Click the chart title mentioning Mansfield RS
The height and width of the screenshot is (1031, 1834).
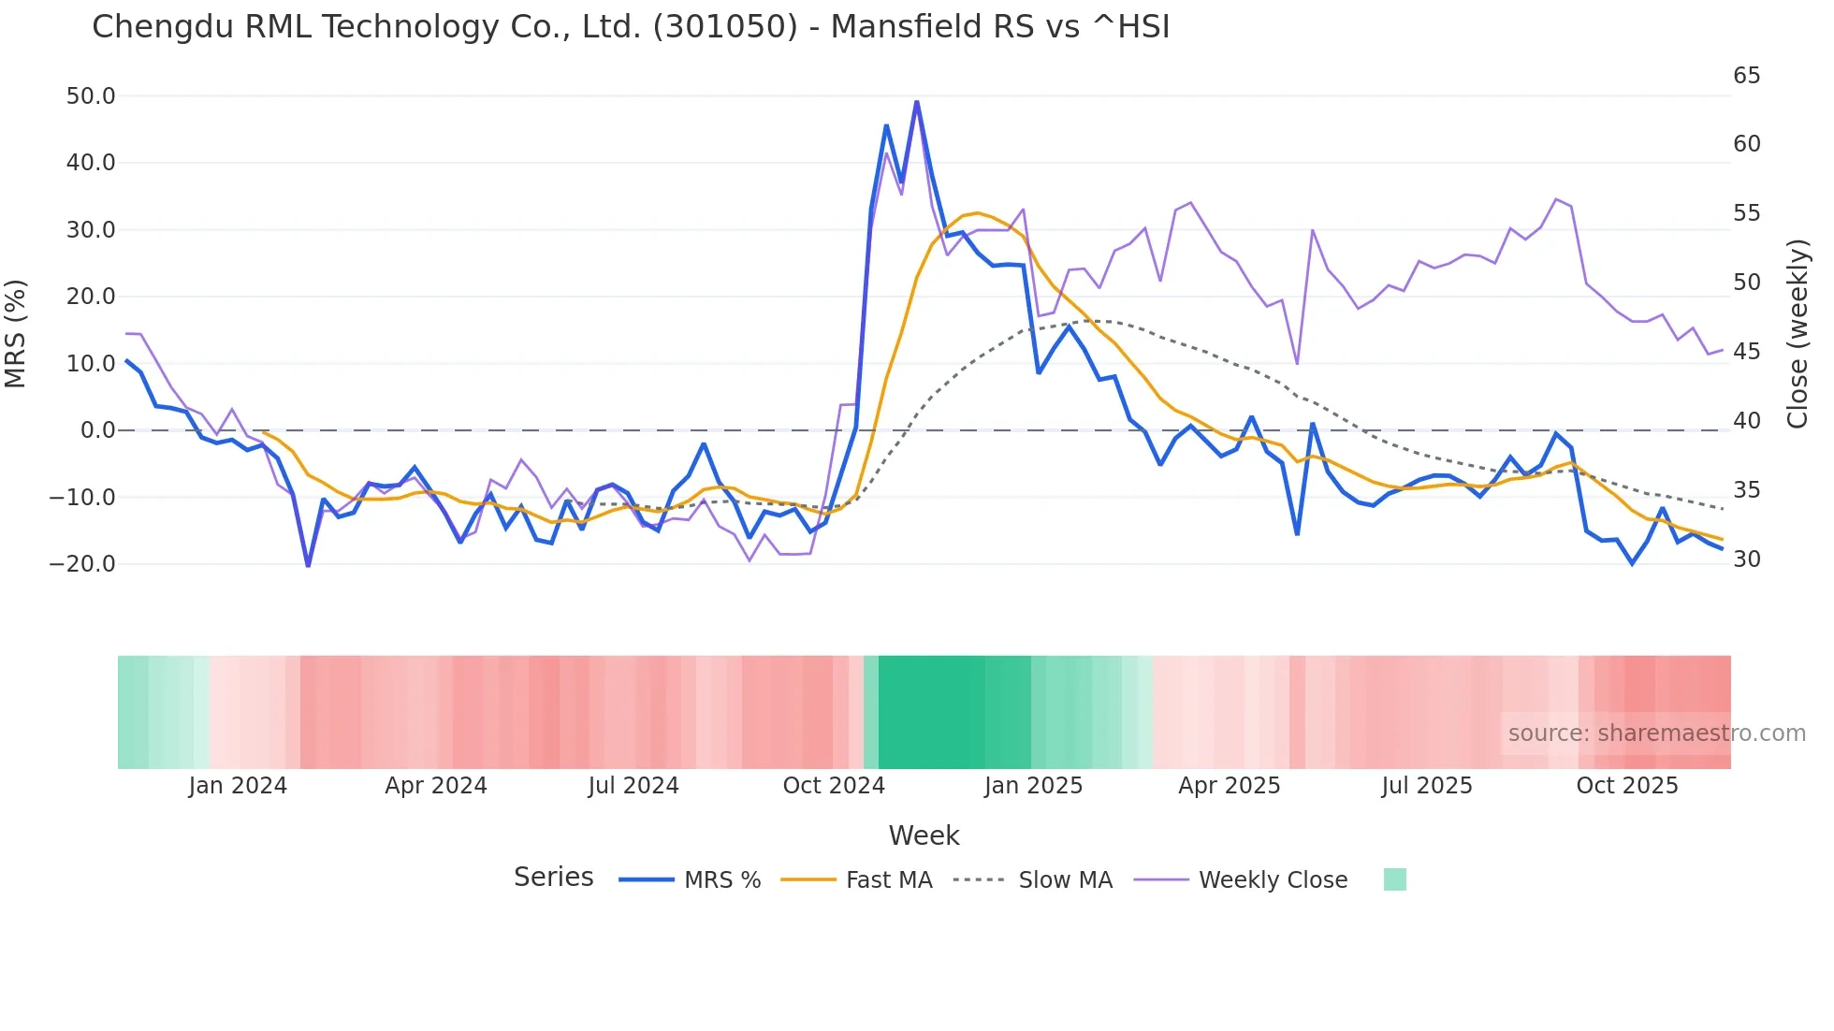click(631, 27)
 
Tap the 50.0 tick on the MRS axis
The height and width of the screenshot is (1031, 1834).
click(91, 96)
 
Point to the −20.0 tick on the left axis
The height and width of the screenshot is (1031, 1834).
click(82, 564)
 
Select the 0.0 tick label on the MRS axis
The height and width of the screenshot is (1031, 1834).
click(97, 430)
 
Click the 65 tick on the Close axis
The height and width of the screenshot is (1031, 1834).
click(1746, 76)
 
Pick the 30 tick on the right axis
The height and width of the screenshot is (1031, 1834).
click(1746, 559)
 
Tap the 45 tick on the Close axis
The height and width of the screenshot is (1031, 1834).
click(1746, 352)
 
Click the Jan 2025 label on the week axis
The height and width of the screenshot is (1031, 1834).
click(1033, 786)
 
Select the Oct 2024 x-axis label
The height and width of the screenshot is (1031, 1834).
click(834, 786)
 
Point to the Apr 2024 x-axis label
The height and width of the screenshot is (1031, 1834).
click(436, 786)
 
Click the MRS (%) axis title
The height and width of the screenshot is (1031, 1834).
click(16, 333)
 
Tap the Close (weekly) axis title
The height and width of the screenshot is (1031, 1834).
click(1798, 333)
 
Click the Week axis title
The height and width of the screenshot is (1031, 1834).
click(924, 835)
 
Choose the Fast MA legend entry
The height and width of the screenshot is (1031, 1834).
click(888, 880)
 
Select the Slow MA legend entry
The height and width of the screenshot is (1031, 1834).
click(1065, 880)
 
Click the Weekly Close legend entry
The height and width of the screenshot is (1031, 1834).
click(1273, 880)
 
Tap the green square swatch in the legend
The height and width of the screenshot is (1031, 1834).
click(1394, 879)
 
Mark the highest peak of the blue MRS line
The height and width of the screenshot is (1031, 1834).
click(916, 101)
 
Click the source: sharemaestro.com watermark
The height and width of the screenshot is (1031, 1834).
click(1656, 733)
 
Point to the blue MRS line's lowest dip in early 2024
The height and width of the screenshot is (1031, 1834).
click(308, 565)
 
